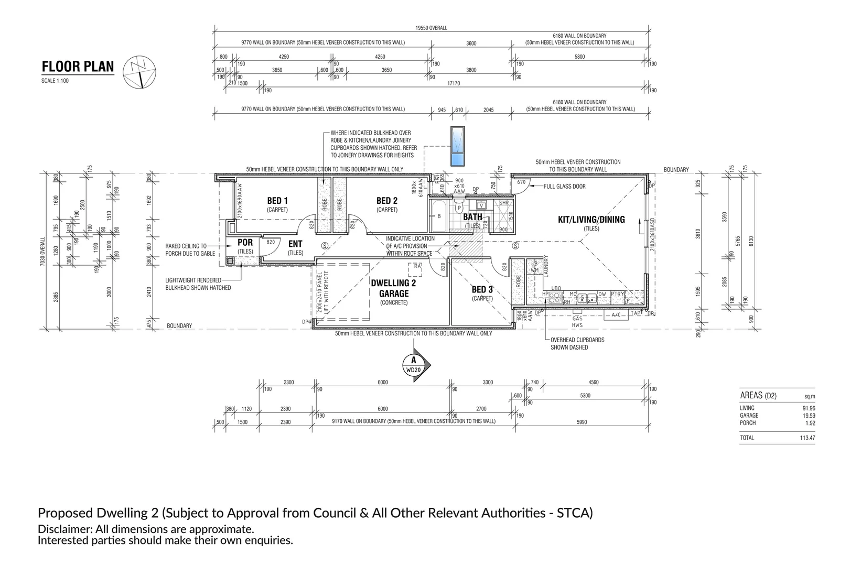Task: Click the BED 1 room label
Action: coord(277,201)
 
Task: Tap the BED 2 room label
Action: coord(387,201)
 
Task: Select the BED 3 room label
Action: coord(482,290)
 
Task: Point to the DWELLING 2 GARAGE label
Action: coord(393,288)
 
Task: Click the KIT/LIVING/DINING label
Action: coord(591,220)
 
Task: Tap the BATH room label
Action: coord(472,217)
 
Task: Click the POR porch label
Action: coord(245,243)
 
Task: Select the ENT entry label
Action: coord(295,244)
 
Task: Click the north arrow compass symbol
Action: coord(139,71)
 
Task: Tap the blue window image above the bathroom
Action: coord(459,147)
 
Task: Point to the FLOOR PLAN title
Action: coord(78,67)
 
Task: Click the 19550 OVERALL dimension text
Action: coord(431,28)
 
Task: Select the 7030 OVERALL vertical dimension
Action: coord(42,252)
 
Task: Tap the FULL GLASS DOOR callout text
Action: coord(565,186)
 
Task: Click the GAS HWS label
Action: coord(577,322)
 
